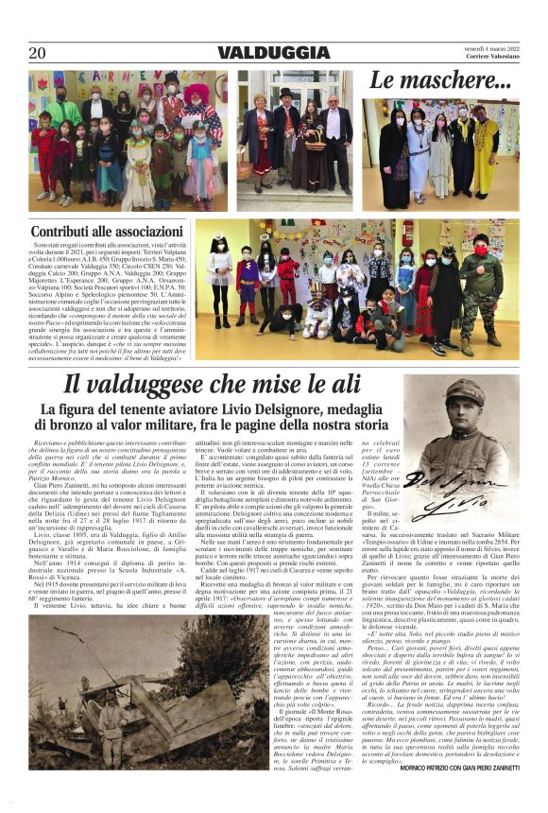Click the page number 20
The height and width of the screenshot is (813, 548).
38,53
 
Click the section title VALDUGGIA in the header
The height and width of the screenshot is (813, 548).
273,53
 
